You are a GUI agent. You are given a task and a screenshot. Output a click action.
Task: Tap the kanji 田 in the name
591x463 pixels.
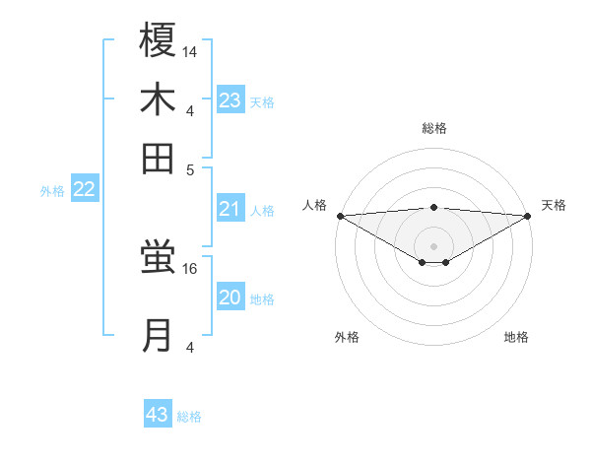click(158, 158)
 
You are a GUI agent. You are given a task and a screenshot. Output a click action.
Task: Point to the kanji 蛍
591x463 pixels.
click(158, 258)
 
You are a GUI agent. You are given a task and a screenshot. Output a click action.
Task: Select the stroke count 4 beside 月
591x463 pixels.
click(190, 346)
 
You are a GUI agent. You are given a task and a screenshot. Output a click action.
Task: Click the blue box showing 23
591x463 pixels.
click(230, 100)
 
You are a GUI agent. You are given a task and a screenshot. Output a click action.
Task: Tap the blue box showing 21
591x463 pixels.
click(230, 209)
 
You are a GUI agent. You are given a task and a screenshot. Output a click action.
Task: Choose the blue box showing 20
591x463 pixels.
click(230, 298)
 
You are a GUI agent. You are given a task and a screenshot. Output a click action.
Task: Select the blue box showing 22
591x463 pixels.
click(84, 190)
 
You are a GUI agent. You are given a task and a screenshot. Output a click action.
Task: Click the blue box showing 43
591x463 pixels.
click(158, 415)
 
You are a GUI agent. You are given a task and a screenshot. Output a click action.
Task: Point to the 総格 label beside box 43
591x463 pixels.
click(190, 417)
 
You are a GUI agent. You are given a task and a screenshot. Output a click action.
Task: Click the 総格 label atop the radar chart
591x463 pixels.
click(434, 128)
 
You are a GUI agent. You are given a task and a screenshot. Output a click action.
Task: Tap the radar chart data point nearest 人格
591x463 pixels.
click(340, 216)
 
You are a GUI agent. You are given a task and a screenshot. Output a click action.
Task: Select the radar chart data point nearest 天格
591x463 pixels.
click(528, 216)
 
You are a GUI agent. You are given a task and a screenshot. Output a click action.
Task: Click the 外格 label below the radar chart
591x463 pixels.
click(347, 337)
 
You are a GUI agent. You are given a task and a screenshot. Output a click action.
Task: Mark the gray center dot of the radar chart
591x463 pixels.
click(434, 245)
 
